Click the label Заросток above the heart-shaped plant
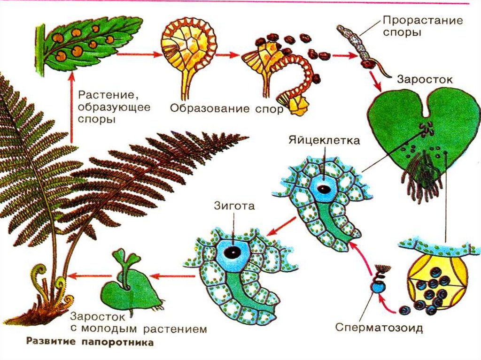tap(425, 79)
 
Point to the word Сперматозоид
tap(379, 327)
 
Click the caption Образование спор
tap(226, 109)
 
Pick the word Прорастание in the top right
tap(422, 21)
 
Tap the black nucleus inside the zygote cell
tap(232, 252)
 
